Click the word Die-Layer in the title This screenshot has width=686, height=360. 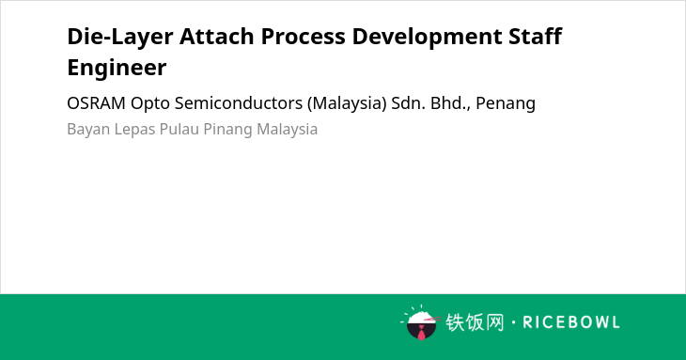(120, 37)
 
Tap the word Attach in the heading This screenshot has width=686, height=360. (216, 36)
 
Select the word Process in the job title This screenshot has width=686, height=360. (303, 37)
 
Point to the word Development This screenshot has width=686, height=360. (427, 38)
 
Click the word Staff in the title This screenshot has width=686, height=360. (535, 36)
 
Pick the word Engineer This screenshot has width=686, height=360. (117, 68)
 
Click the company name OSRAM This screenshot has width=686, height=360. (96, 103)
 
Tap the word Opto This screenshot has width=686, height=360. (150, 104)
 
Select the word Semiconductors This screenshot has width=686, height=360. (239, 103)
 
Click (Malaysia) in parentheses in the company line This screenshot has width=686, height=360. (347, 104)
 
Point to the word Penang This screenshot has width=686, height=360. (506, 104)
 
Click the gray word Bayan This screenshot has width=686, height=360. (88, 130)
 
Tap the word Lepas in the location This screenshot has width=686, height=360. (134, 130)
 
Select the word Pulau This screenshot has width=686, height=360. (179, 129)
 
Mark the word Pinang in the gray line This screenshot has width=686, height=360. (228, 130)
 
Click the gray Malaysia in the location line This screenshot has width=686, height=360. (287, 130)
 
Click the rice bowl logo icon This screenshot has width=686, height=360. (420, 322)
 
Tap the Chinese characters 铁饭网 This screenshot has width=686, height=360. (475, 322)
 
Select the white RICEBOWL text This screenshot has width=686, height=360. (571, 322)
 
